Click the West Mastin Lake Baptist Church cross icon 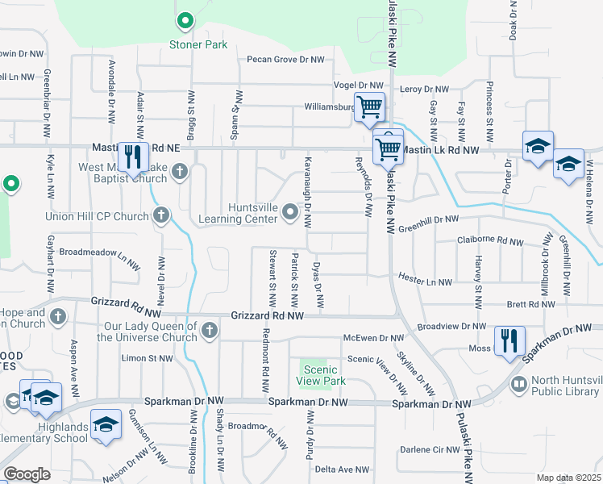[x=180, y=171]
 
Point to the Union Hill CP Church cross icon [x=161, y=215]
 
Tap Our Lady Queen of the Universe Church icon [x=210, y=329]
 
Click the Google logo [x=27, y=474]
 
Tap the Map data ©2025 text [x=568, y=478]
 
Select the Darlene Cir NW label [x=430, y=449]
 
